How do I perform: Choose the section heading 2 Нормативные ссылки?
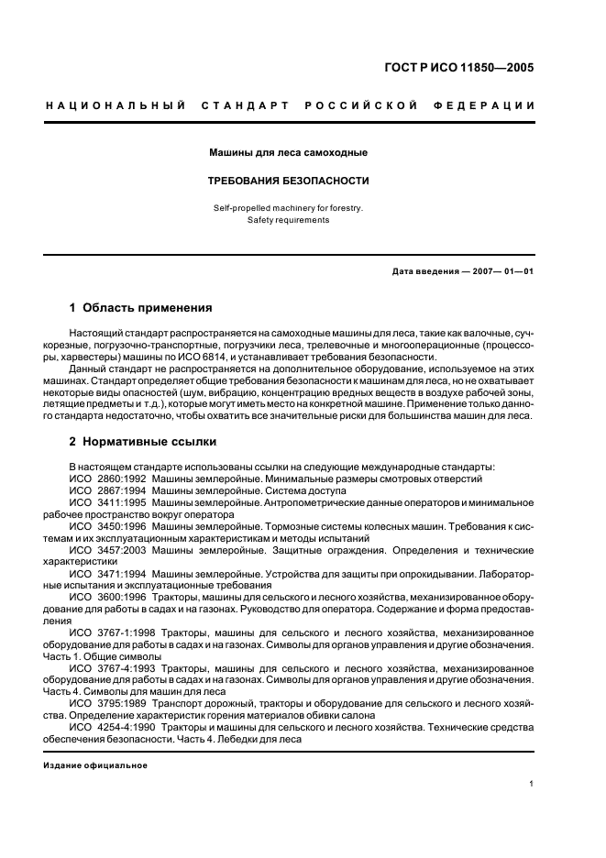tap(143, 441)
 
